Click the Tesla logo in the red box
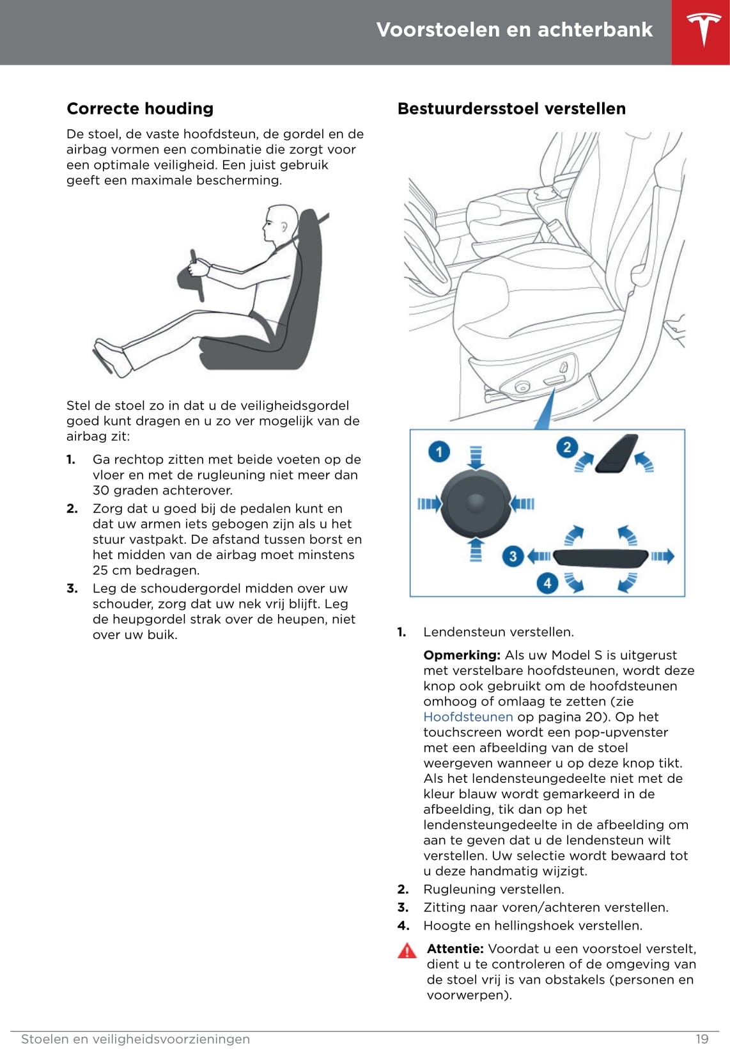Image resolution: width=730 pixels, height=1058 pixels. click(703, 30)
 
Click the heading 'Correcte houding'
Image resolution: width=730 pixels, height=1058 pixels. click(140, 109)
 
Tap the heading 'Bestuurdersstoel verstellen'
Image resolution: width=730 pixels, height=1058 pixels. click(511, 109)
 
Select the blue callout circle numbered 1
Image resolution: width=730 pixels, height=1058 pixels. click(439, 452)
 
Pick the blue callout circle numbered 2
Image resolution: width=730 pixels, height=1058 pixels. click(566, 446)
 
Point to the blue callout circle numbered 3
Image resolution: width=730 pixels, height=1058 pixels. click(513, 556)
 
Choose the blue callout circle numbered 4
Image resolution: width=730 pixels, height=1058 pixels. click(547, 583)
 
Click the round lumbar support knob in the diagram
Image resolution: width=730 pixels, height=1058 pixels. click(476, 503)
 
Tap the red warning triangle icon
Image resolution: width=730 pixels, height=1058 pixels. click(407, 951)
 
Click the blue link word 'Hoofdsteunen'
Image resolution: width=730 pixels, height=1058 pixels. click(468, 717)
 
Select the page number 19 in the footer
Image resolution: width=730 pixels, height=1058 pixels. click(702, 1039)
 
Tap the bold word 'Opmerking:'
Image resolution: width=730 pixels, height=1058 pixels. click(462, 655)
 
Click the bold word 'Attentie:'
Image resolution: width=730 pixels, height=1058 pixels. click(455, 949)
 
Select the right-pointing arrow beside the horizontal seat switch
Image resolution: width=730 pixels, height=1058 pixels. click(662, 556)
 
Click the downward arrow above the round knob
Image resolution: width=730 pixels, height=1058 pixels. click(476, 457)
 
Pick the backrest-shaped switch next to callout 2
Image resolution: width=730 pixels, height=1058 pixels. click(616, 454)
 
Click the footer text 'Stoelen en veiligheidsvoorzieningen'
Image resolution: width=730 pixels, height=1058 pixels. click(136, 1039)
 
